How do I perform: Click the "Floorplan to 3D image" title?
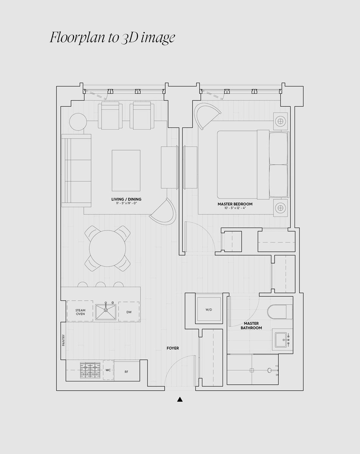[112, 37]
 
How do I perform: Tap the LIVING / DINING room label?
[126, 199]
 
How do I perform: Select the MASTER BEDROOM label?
[235, 204]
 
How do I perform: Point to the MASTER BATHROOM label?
[251, 325]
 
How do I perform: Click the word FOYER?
[173, 348]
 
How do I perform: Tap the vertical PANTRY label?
[64, 340]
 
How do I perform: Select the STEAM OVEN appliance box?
[80, 311]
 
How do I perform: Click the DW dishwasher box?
[129, 312]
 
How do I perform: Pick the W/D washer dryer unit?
[209, 310]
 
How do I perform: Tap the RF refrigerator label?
[126, 372]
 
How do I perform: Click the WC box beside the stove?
[108, 370]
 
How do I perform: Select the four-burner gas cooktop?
[90, 370]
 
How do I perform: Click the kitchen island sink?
[106, 312]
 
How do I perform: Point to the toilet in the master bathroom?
[280, 312]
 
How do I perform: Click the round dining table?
[107, 249]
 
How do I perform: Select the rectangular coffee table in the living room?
[126, 171]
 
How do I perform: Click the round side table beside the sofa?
[78, 122]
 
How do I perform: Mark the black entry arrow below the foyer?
[180, 399]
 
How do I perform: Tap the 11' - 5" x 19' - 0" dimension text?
[126, 203]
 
